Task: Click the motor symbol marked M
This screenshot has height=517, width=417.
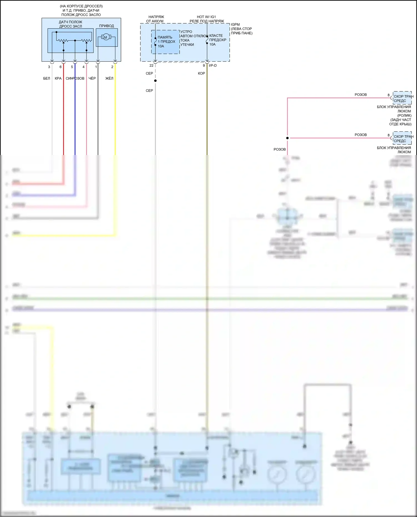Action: [105, 37]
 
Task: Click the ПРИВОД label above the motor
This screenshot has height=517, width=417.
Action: [106, 26]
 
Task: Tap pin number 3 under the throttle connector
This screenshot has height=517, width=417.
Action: [49, 67]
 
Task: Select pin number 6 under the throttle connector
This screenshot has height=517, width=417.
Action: [61, 67]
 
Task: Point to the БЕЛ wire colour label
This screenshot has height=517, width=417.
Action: [46, 78]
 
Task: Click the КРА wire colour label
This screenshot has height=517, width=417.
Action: [58, 78]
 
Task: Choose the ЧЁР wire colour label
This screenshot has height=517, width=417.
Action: [92, 78]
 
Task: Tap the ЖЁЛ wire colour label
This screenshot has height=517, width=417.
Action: [109, 78]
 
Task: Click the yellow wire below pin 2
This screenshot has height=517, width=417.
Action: [115, 117]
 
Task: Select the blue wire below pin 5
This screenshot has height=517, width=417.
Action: [75, 117]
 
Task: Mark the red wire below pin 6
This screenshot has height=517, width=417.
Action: [64, 117]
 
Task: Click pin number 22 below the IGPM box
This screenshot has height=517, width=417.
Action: [151, 66]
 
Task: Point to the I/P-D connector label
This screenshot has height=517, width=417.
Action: [213, 66]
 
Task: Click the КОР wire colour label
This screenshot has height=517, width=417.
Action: [201, 73]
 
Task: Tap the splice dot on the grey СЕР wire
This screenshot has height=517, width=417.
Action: [155, 81]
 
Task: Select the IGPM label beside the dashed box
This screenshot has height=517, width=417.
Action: [235, 24]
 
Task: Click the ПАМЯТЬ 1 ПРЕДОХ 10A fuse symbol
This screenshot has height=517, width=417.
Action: [155, 42]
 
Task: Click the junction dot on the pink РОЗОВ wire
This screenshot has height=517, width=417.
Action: [287, 138]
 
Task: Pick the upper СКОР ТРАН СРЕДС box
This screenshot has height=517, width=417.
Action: [402, 98]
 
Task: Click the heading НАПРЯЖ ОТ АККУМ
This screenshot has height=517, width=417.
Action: [155, 19]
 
